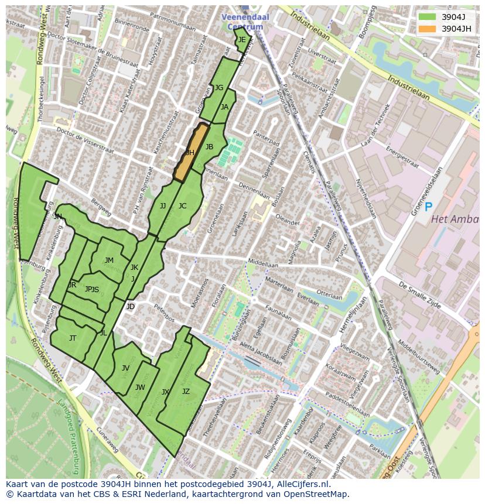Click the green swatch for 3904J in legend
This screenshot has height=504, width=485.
[x=428, y=17]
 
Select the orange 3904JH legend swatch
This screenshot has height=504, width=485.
[x=428, y=29]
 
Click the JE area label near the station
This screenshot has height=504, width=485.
[x=242, y=40]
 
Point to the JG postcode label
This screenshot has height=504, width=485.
[x=219, y=88]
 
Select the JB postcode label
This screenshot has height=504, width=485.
[x=209, y=147]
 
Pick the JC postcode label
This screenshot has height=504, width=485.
[x=182, y=206]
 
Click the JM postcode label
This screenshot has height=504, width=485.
[x=109, y=260]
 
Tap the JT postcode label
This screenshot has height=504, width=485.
[x=73, y=338]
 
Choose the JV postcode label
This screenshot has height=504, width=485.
[x=125, y=368]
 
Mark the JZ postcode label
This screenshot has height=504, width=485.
[x=186, y=392]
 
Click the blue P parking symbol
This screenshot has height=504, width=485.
[x=428, y=207]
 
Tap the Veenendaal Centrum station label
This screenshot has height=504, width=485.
[x=245, y=22]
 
